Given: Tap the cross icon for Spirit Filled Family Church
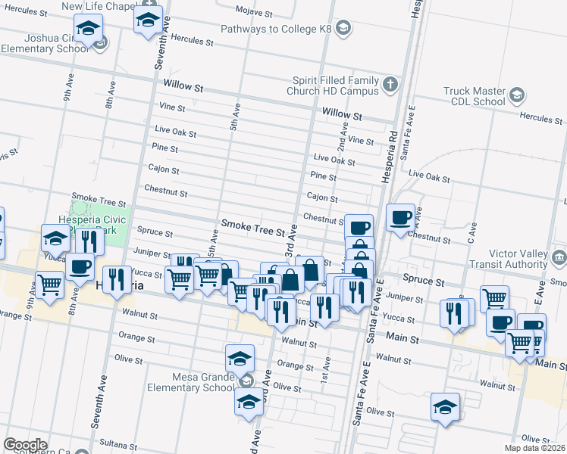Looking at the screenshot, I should click(x=390, y=84).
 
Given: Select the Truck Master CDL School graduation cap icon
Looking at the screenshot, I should click(x=517, y=95).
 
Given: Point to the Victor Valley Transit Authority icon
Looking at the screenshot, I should click(x=558, y=258).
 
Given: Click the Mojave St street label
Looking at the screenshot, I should click(x=254, y=13).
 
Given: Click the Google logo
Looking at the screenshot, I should click(x=24, y=445).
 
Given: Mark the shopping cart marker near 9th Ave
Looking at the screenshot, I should click(x=49, y=285).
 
